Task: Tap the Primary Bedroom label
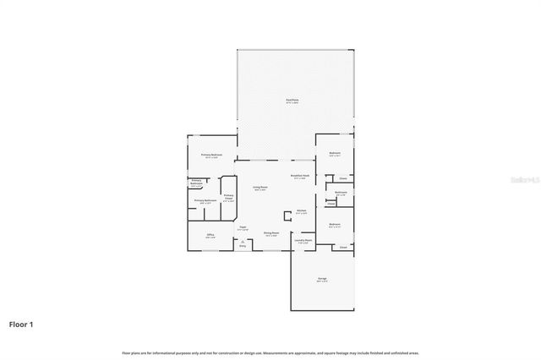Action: [211, 155]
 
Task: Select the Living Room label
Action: [260, 188]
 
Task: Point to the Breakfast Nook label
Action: [300, 176]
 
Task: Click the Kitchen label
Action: [300, 212]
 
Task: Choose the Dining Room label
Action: [271, 234]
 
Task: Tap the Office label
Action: [210, 237]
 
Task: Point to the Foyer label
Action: [243, 227]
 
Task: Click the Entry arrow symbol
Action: [243, 242]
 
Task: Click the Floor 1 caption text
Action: [22, 324]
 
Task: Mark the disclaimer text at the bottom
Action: [270, 352]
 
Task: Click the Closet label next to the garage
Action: [342, 247]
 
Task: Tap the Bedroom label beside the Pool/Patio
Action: [334, 155]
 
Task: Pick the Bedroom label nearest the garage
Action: [334, 226]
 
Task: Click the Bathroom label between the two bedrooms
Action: [340, 194]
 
